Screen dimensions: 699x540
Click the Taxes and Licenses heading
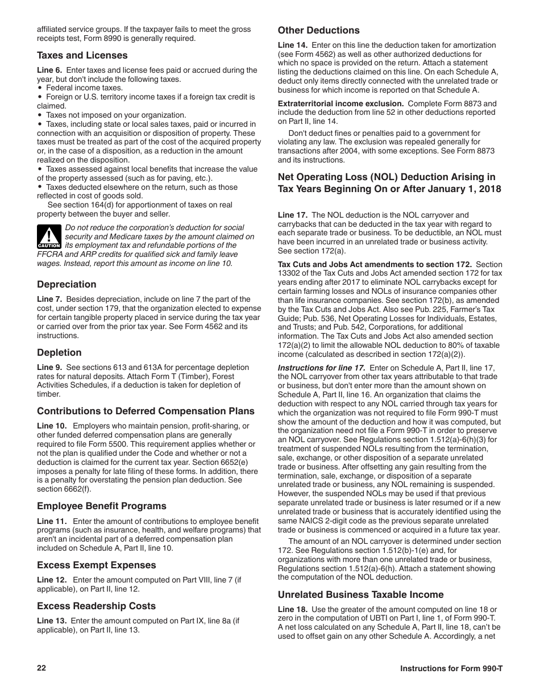click(82, 56)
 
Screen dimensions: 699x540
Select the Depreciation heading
click(67, 285)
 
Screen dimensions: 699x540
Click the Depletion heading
click(60, 353)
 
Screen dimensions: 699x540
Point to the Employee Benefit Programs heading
click(102, 506)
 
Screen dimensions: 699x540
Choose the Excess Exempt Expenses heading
click(97, 565)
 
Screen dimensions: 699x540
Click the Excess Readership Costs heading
click(97, 606)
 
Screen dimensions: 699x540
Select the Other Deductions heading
click(319, 31)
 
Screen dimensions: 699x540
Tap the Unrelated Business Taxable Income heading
click(361, 595)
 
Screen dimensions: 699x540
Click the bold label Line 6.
click(49, 70)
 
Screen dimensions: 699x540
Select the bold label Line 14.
click(292, 45)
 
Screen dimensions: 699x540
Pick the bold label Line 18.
click(292, 609)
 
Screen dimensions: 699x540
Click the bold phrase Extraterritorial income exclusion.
click(340, 103)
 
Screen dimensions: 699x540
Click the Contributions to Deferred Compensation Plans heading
click(146, 411)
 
